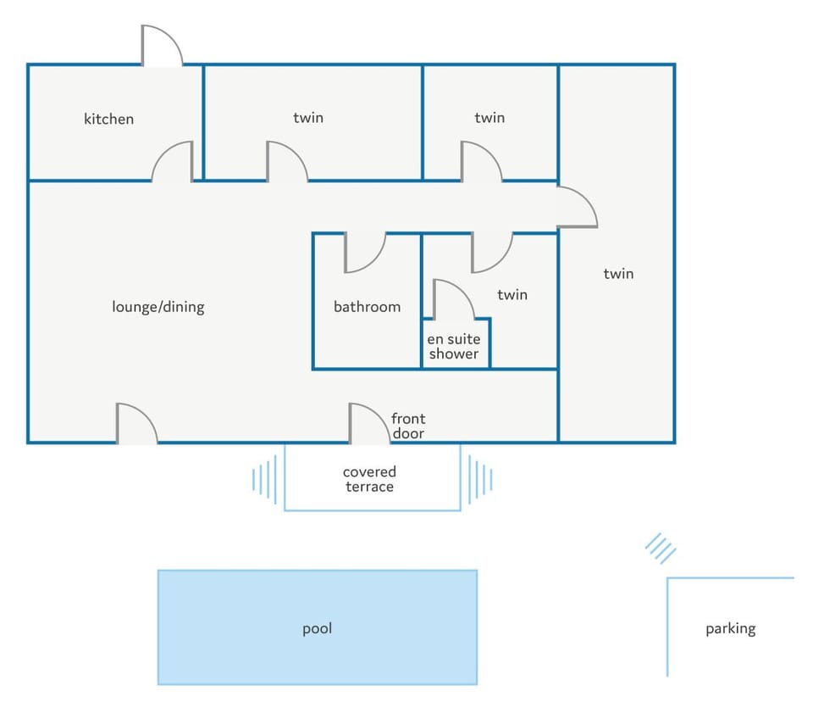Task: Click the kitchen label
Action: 109,119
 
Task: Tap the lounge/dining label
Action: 158,307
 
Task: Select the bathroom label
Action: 367,307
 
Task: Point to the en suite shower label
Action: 454,346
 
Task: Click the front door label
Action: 408,426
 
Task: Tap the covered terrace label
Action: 370,479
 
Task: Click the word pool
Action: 318,629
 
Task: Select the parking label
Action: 731,629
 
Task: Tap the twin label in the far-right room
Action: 618,274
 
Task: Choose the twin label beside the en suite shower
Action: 512,295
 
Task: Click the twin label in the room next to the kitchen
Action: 308,118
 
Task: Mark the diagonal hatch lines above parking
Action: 661,549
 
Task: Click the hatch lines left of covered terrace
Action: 264,479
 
